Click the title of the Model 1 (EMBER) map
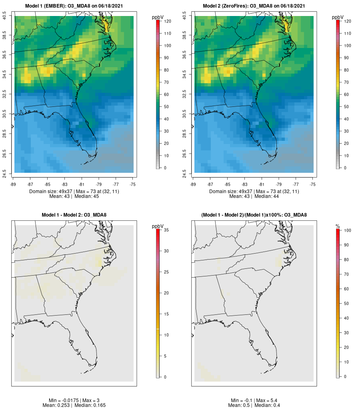(x=74, y=6)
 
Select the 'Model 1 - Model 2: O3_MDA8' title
(x=74, y=215)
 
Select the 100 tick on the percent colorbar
(x=346, y=230)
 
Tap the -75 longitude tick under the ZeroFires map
(x=313, y=184)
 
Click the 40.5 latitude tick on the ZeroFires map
(x=184, y=16)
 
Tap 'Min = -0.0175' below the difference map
(x=58, y=400)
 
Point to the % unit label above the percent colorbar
(x=338, y=226)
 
